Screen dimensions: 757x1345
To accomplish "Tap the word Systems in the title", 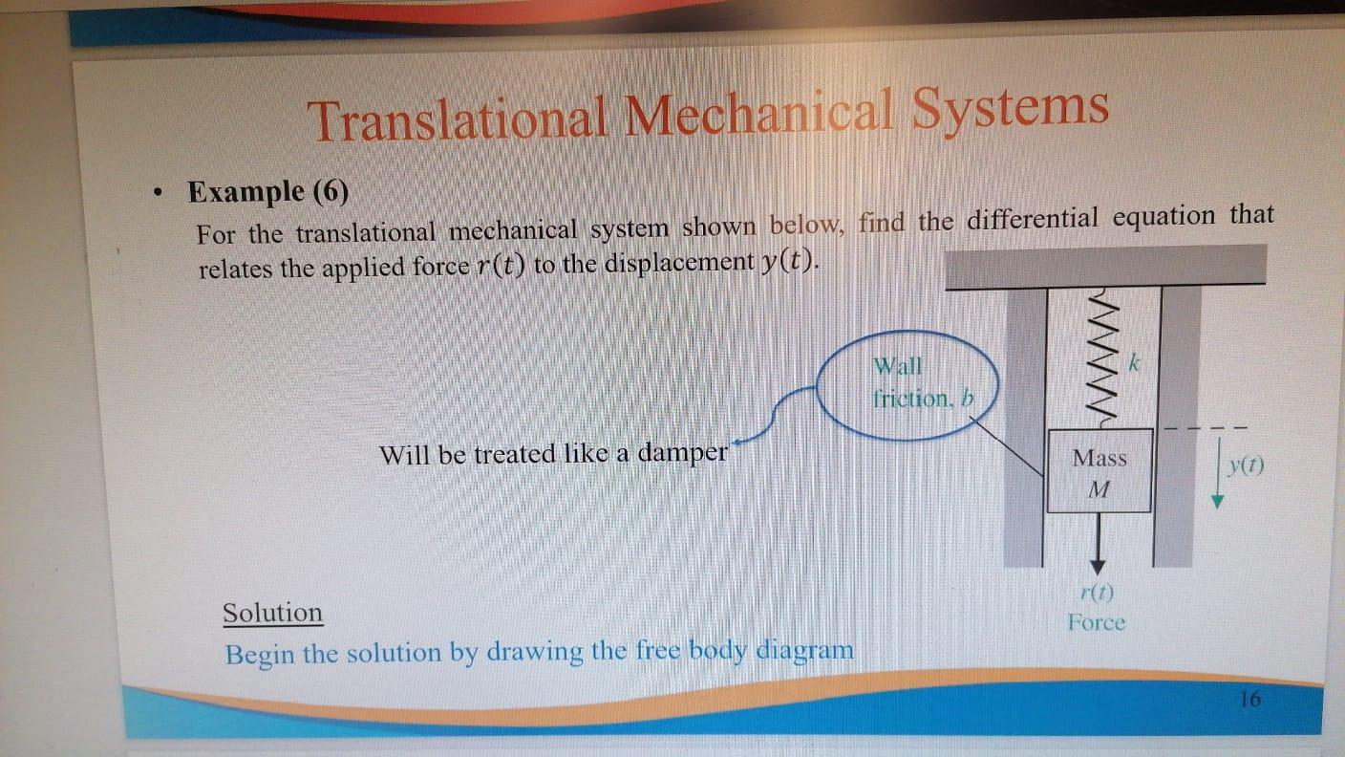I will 1011,107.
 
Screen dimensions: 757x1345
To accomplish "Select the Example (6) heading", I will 268,192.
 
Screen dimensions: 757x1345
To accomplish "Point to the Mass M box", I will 1099,472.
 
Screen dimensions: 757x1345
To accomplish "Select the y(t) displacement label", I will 1247,466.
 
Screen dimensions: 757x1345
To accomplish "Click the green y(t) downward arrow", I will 1218,479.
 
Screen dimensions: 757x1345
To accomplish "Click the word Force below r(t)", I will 1097,623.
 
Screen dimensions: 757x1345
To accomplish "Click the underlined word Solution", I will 272,613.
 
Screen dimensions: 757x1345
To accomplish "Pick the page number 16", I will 1250,699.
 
